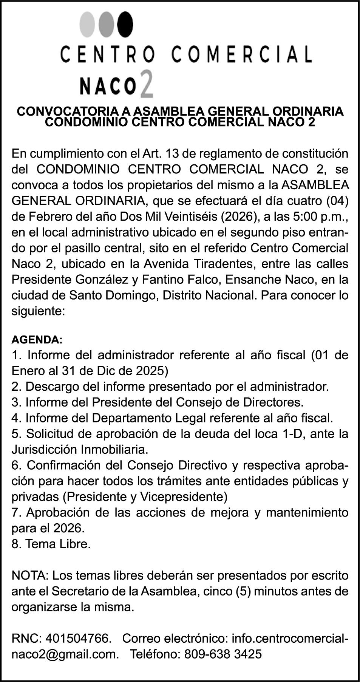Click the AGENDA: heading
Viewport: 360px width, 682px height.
point(37,339)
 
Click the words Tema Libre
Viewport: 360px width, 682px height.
point(58,544)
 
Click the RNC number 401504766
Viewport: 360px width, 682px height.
point(78,639)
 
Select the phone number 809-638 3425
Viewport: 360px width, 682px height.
point(222,654)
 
